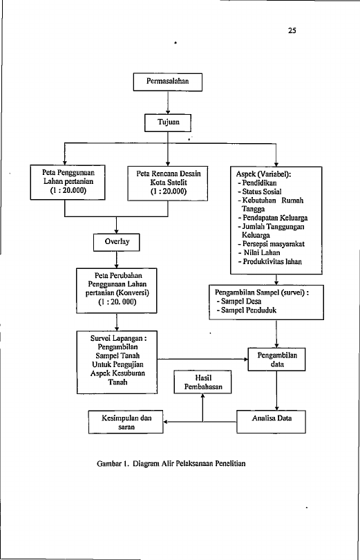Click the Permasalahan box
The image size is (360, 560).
tap(168, 82)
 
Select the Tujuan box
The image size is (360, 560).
tap(168, 123)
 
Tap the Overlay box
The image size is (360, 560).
tap(116, 243)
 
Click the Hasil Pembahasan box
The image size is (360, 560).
tap(202, 382)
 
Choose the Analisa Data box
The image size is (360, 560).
tap(271, 422)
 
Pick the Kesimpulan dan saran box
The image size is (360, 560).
tap(126, 422)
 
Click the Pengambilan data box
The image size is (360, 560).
tap(277, 360)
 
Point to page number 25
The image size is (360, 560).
tap(292, 30)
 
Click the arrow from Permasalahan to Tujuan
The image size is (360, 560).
tap(168, 103)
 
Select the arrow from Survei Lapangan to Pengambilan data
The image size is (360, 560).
tap(202, 360)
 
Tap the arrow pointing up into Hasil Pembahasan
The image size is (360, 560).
tap(202, 408)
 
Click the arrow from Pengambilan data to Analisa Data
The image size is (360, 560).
tap(276, 391)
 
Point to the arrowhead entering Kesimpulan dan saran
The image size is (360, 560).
tap(166, 422)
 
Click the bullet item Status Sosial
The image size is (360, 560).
tap(260, 192)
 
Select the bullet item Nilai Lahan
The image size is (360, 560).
tap(259, 253)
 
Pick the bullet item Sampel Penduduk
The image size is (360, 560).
tap(246, 310)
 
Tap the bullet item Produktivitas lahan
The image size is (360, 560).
tap(270, 262)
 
